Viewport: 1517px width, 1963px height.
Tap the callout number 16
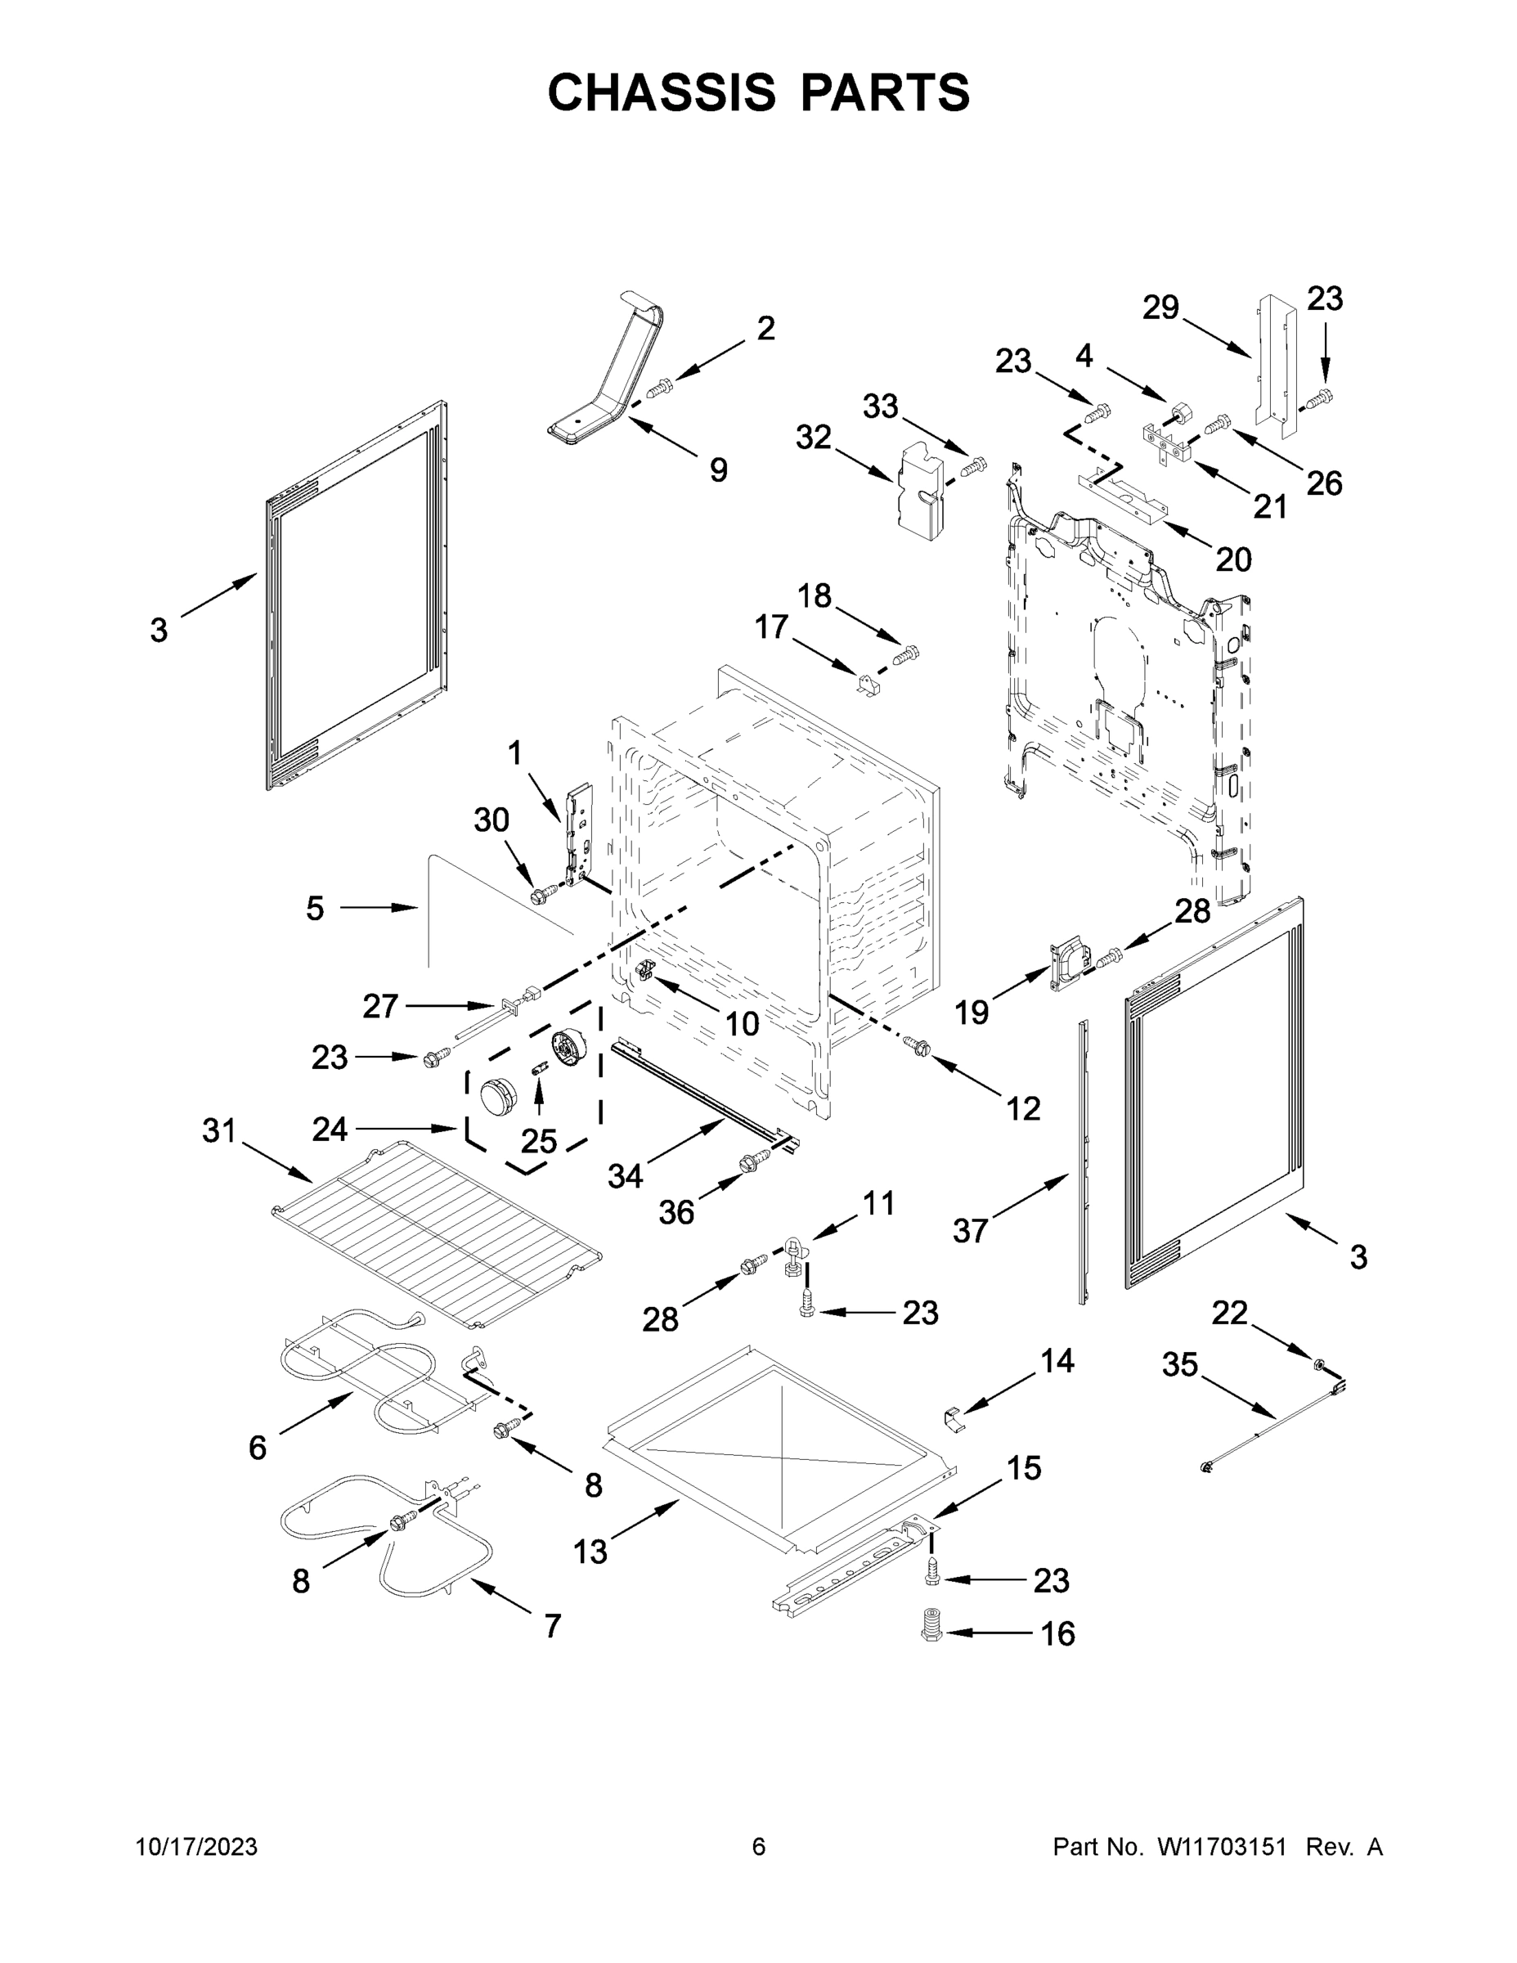pyautogui.click(x=1057, y=1633)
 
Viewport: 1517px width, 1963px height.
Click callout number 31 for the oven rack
pyautogui.click(x=218, y=1130)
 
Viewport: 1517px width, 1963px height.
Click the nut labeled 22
pyautogui.click(x=1317, y=1366)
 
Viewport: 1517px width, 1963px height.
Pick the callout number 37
pyautogui.click(x=971, y=1230)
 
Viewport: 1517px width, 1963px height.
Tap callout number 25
pyautogui.click(x=539, y=1142)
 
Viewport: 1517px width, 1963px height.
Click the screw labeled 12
pyautogui.click(x=919, y=1044)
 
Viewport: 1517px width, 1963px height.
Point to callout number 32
pyautogui.click(x=814, y=438)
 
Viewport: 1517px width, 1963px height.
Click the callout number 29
pyautogui.click(x=1160, y=308)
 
